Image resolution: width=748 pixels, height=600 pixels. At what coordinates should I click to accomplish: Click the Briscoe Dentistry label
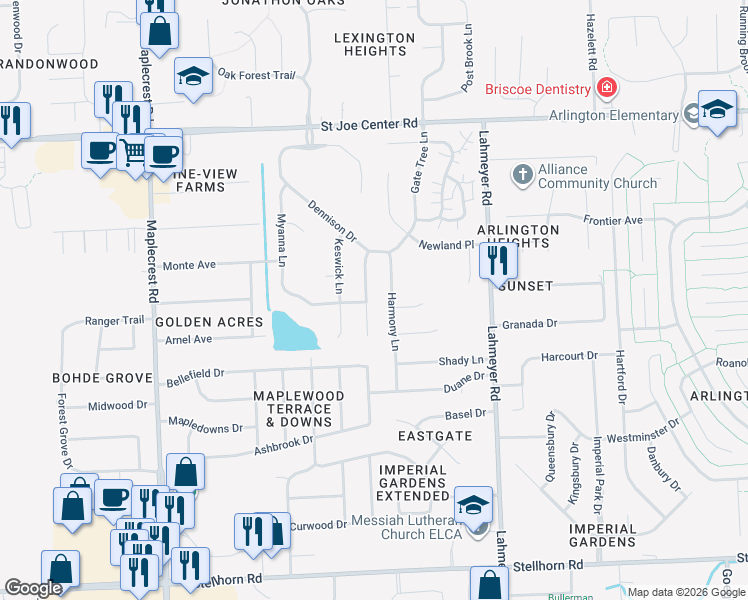click(x=538, y=89)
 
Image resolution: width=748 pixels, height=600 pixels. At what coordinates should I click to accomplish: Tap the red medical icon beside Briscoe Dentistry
click(x=605, y=89)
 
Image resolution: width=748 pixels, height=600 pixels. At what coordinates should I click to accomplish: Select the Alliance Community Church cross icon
click(x=521, y=175)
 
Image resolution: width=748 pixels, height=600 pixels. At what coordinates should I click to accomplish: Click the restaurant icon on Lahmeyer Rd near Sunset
click(x=497, y=261)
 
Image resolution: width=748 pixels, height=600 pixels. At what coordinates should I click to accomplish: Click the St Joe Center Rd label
click(x=368, y=125)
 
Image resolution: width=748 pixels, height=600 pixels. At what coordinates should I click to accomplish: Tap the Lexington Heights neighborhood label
click(x=374, y=44)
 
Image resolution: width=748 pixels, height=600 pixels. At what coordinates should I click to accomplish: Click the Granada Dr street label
click(x=529, y=324)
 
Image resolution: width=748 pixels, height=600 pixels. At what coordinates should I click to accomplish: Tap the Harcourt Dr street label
click(x=568, y=355)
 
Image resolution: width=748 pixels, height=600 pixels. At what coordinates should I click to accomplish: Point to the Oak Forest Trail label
click(x=257, y=74)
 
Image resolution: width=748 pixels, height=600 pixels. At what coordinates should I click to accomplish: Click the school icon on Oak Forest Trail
click(x=192, y=75)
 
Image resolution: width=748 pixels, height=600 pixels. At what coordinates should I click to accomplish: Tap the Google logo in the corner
click(x=33, y=588)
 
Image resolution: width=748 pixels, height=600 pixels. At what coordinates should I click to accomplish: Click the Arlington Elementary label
click(x=613, y=116)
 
